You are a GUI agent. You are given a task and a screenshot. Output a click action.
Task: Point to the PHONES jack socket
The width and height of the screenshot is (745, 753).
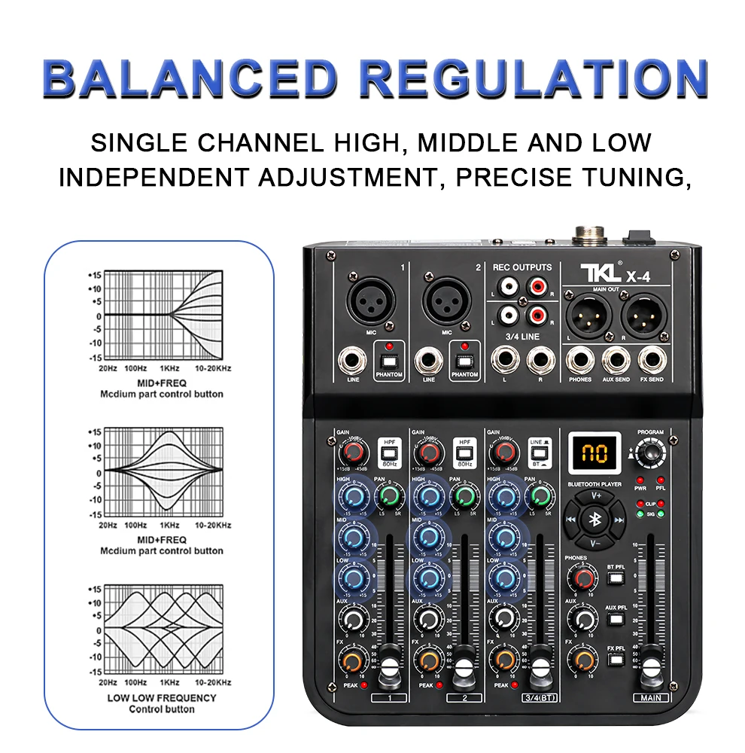click(x=580, y=360)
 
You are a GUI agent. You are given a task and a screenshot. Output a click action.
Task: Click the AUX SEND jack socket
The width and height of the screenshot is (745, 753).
click(x=616, y=360)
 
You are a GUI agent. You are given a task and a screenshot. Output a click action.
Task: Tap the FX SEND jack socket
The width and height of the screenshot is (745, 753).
click(x=651, y=360)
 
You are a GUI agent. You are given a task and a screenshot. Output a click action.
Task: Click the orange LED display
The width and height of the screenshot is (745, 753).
click(x=594, y=453)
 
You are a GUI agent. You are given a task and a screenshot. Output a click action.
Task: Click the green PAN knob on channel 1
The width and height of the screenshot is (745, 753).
click(x=390, y=496)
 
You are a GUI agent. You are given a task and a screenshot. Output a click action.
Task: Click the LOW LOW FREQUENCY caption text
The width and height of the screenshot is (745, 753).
click(x=161, y=698)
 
